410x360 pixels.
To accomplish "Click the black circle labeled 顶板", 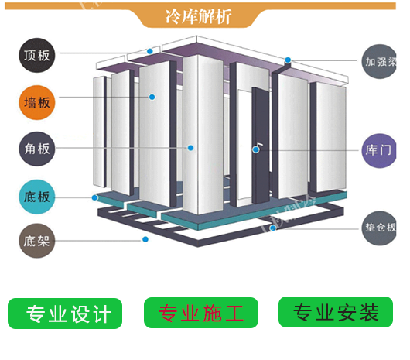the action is pyautogui.click(x=37, y=55).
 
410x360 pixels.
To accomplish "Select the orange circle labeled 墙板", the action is pyautogui.click(x=37, y=102).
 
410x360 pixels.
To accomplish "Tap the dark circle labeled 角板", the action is pyautogui.click(x=37, y=149).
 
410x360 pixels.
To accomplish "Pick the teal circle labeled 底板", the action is pyautogui.click(x=37, y=197).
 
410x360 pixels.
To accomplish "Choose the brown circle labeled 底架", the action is pyautogui.click(x=37, y=241).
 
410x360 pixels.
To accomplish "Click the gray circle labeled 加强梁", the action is pyautogui.click(x=379, y=61).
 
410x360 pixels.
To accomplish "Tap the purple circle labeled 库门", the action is pyautogui.click(x=379, y=150).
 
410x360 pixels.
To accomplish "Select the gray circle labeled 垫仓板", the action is pyautogui.click(x=379, y=228).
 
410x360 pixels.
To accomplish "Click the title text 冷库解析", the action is pyautogui.click(x=198, y=16).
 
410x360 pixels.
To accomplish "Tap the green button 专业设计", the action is pyautogui.click(x=65, y=314).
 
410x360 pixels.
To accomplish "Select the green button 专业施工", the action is pyautogui.click(x=201, y=313).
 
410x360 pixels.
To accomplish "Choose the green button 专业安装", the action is pyautogui.click(x=336, y=312).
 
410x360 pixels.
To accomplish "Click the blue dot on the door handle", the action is pyautogui.click(x=256, y=149).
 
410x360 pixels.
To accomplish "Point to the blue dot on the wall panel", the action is pyautogui.click(x=152, y=97).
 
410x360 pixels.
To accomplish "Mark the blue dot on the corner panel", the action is pyautogui.click(x=190, y=148).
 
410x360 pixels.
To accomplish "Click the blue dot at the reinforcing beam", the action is pyautogui.click(x=288, y=60).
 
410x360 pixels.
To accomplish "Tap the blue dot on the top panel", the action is pyautogui.click(x=150, y=51).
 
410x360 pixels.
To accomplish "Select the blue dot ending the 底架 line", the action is pyautogui.click(x=145, y=239).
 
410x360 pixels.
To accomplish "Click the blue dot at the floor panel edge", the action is pyautogui.click(x=94, y=197).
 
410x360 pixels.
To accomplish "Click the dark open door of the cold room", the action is pyautogui.click(x=261, y=146).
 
